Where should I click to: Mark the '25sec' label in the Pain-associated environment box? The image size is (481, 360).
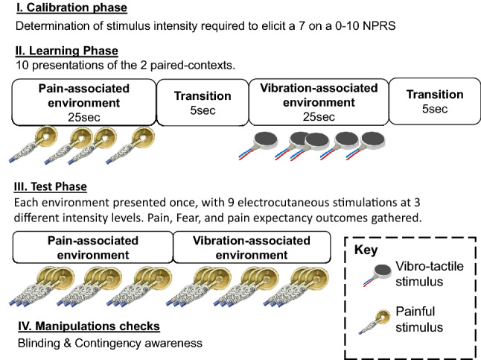click(83, 117)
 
